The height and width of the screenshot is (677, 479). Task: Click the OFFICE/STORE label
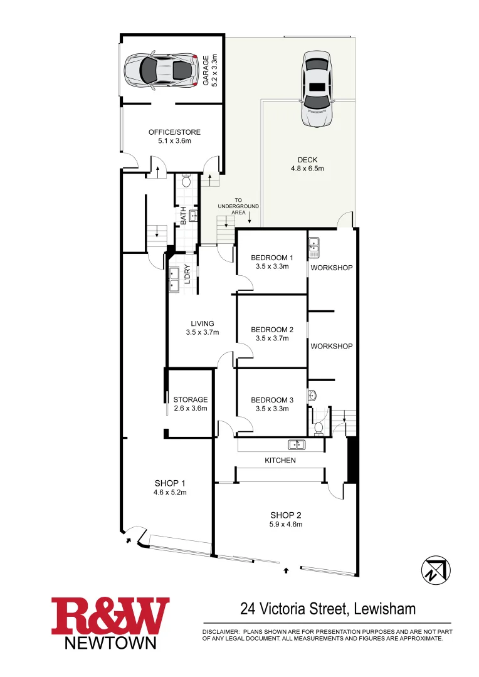click(174, 132)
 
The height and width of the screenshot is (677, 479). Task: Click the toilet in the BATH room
click(186, 182)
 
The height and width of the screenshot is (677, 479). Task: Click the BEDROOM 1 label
click(271, 258)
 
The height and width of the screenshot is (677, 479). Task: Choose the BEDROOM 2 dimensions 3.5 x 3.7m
click(271, 338)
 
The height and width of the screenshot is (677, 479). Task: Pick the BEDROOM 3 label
click(271, 401)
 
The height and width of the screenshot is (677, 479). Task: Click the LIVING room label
click(202, 324)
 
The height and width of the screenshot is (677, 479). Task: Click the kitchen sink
click(297, 445)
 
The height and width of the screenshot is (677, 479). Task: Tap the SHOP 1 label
click(170, 483)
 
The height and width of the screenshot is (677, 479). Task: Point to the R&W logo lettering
click(110, 616)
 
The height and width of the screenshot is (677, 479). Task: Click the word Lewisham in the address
click(384, 609)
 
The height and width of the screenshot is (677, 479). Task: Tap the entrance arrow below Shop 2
click(287, 570)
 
